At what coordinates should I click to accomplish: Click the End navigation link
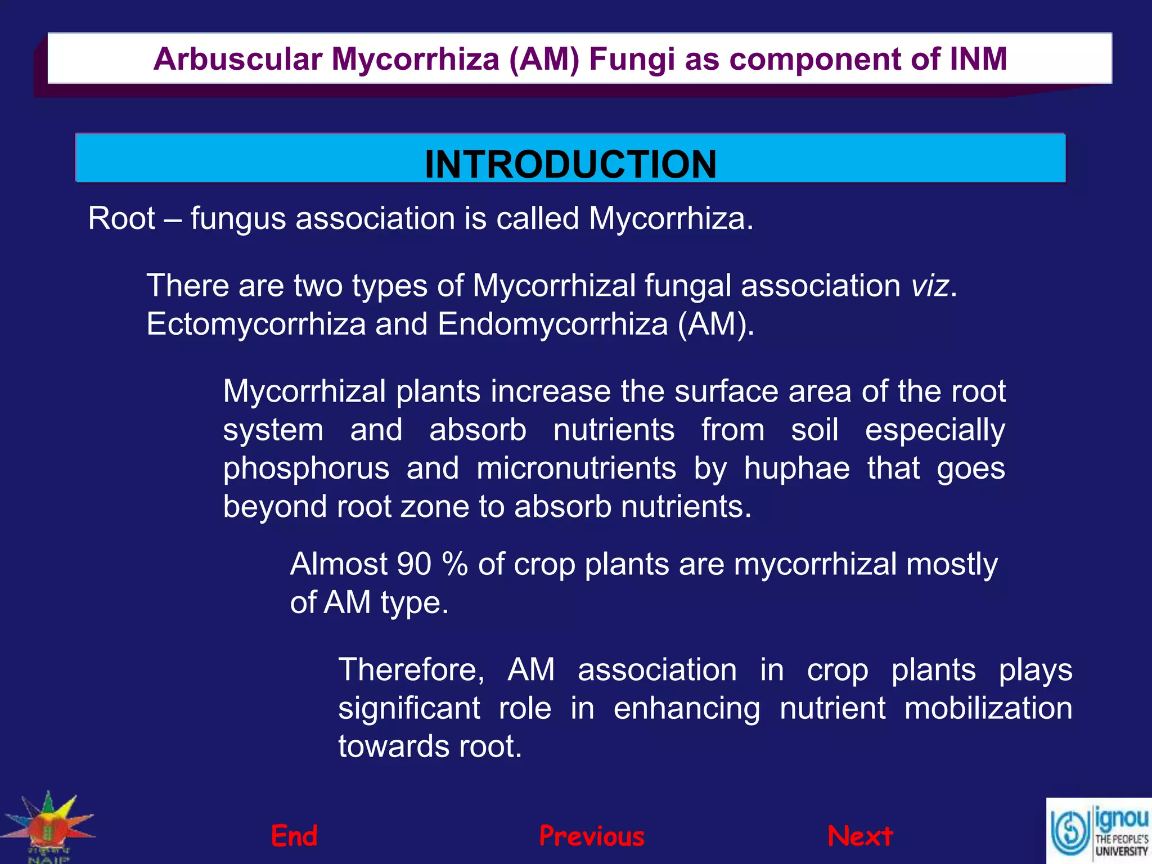coord(294,836)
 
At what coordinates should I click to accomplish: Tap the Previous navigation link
coord(592,836)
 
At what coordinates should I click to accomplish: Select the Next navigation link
coord(860,836)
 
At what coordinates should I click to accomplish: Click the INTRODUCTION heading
coord(570,164)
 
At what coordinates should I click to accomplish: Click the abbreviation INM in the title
coord(978,59)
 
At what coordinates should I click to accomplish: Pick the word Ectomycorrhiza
coord(256,325)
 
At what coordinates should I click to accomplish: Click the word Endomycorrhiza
coord(552,325)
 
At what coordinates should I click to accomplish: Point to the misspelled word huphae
coord(796,469)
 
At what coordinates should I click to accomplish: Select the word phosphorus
coord(306,469)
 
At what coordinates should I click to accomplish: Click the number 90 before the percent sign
coord(413,564)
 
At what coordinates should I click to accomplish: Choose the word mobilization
coord(988,708)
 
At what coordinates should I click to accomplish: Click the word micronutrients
coord(576,469)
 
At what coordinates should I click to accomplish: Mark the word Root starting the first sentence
coord(121,219)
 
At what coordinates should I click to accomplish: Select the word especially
coord(934,430)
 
